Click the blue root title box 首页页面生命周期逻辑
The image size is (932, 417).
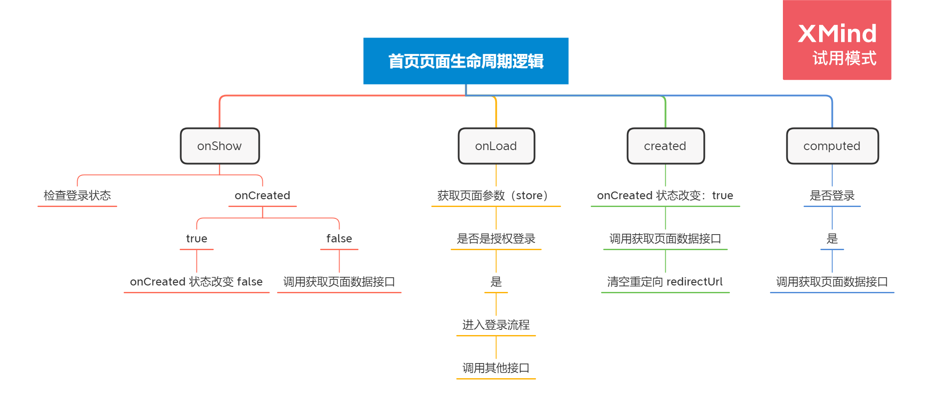[x=465, y=61]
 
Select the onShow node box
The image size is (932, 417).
[x=220, y=146]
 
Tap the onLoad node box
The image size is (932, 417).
[x=496, y=146]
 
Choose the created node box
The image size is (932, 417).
[x=665, y=146]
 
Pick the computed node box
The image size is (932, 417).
[x=832, y=146]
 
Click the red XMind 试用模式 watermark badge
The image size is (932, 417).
[x=837, y=40]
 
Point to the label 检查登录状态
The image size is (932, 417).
[x=77, y=196]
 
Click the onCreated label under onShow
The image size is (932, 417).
[x=262, y=196]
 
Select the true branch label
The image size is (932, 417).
[x=196, y=239]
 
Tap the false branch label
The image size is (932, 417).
[x=339, y=239]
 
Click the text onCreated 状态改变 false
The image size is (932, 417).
[x=196, y=282]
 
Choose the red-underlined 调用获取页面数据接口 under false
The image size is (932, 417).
[x=339, y=282]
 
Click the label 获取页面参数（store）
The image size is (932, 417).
[x=496, y=196]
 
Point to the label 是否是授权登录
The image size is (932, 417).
[x=496, y=239]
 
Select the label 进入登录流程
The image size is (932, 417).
[x=496, y=325]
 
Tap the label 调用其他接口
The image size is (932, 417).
[x=496, y=368]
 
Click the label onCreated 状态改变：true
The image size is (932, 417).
[x=665, y=196]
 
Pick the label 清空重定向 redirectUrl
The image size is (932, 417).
[x=665, y=282]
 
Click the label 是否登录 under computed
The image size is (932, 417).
[x=832, y=196]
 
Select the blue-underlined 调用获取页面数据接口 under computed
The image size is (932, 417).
[x=832, y=282]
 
